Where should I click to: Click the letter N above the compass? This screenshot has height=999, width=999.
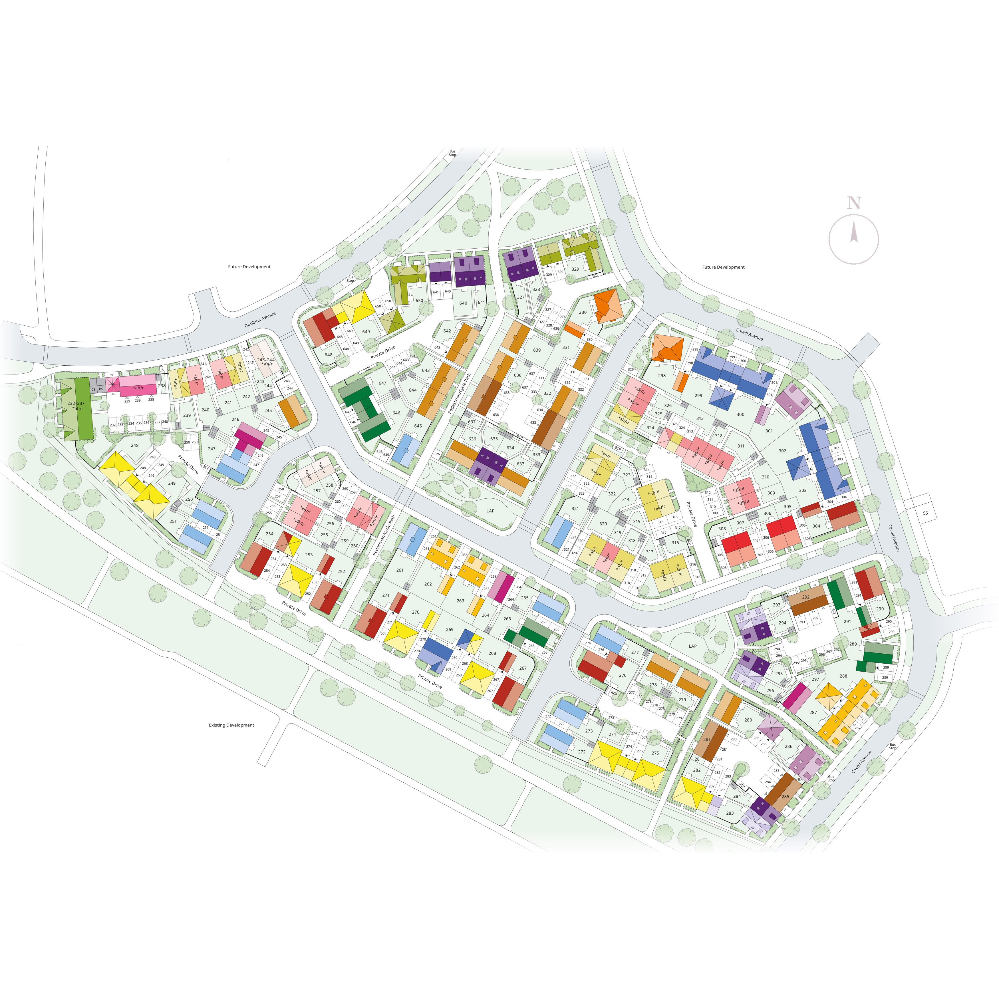pos(854,203)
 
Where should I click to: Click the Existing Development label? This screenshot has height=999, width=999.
pos(232,725)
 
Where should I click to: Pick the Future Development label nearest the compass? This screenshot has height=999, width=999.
pos(723,267)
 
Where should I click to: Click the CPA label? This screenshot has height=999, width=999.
pos(436,454)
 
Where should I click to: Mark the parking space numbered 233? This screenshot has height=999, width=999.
pos(120,424)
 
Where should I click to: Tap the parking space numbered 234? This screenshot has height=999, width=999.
pos(131,424)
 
